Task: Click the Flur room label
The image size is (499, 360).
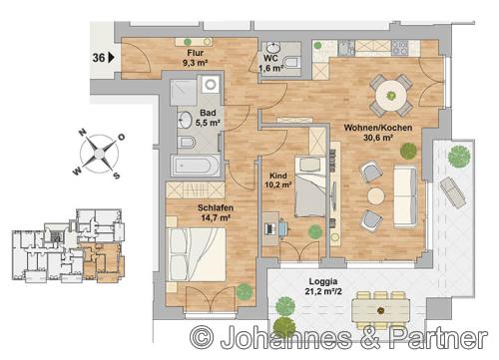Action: [x=196, y=53]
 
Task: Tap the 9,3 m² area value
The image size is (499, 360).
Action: [x=196, y=63]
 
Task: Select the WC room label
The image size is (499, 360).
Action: [x=270, y=58]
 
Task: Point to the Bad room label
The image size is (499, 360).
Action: [x=208, y=113]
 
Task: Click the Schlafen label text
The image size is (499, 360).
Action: [x=216, y=207]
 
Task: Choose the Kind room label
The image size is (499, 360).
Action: [x=278, y=176]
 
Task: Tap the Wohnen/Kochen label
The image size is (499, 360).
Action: [x=378, y=128]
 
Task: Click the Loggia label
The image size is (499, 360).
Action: [x=323, y=281]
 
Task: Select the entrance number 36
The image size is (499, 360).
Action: [x=99, y=58]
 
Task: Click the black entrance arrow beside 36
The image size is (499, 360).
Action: [x=111, y=58]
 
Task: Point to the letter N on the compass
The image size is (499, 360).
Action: [x=82, y=133]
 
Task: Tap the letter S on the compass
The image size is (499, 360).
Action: [x=116, y=176]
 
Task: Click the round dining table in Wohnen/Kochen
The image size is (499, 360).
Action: [x=391, y=96]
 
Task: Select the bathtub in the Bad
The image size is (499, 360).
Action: [x=196, y=166]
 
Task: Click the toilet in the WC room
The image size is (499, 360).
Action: [x=292, y=62]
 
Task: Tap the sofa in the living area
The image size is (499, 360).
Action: [x=405, y=197]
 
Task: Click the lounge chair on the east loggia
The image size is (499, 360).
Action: [x=453, y=192]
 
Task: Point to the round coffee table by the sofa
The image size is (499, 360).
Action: [x=376, y=196]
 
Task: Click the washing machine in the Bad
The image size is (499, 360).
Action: [x=211, y=84]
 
